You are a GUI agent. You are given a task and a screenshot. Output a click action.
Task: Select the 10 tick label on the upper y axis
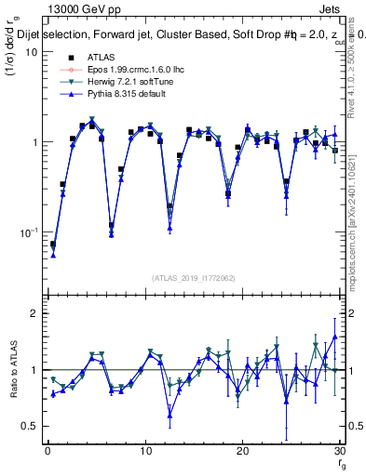[x=32, y=52]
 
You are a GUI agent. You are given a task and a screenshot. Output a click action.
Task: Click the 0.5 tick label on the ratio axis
[x=32, y=426]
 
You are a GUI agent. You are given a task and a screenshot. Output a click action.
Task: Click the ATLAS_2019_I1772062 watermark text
[x=193, y=277]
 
